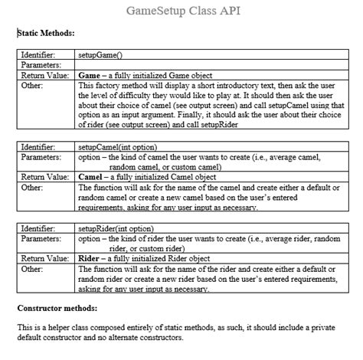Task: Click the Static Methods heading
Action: pos(46,34)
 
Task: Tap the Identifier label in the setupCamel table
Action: pos(38,146)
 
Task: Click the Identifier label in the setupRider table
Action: pos(38,228)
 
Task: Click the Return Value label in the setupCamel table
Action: pos(44,176)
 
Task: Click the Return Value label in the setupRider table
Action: pos(44,258)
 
